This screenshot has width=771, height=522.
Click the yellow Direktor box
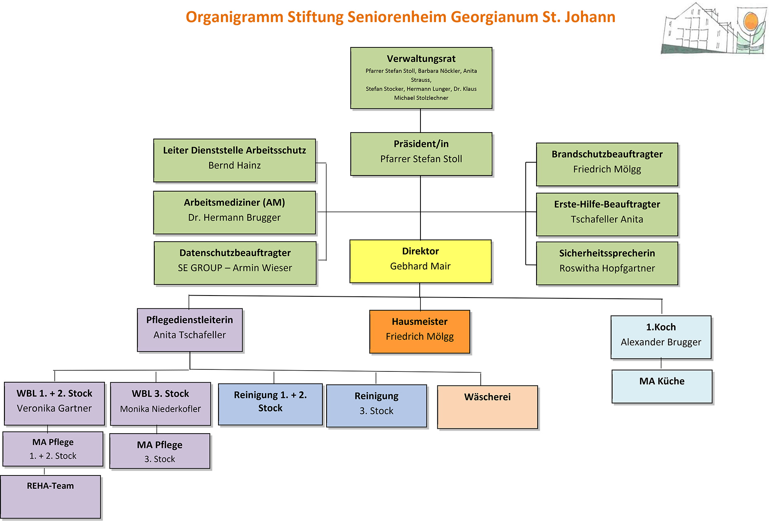[420, 261]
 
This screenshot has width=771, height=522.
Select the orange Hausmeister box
[420, 332]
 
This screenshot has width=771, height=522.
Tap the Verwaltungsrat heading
[421, 59]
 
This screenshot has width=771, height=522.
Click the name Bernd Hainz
[235, 165]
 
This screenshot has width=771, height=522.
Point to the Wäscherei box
[487, 407]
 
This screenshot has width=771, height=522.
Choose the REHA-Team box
[51, 497]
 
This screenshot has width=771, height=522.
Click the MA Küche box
[662, 386]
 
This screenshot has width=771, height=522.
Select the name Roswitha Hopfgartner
[607, 268]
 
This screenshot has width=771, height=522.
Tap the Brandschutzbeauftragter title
[607, 154]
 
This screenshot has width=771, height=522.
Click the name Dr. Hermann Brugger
[235, 218]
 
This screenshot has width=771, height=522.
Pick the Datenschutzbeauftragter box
[235, 263]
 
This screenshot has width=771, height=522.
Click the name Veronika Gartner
[54, 408]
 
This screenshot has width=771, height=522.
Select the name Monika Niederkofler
[160, 409]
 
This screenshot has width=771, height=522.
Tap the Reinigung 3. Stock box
[377, 406]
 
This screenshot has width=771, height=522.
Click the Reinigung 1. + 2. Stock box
[270, 404]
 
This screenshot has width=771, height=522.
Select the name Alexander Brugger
[661, 342]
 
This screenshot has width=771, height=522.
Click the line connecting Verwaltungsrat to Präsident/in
[420, 120]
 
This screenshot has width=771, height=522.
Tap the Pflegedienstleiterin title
[190, 320]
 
